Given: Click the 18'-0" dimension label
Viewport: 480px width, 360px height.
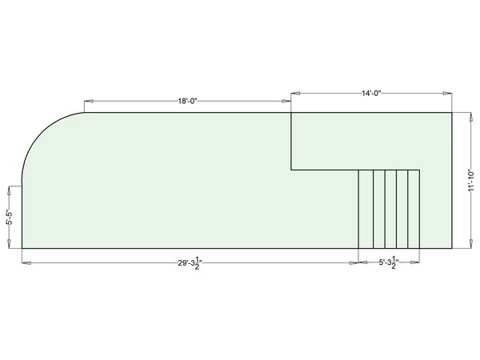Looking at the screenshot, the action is pos(188,101).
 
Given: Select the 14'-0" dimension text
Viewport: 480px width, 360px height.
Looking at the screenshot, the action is pos(371,93).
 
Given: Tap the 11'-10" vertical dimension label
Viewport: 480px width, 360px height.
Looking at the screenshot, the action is pos(471,180).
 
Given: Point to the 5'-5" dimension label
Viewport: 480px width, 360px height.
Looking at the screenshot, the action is pos(10,217).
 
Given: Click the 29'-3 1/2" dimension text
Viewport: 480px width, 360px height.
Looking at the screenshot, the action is pos(190,263).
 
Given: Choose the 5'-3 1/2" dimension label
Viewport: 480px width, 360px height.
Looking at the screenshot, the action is pos(389,262).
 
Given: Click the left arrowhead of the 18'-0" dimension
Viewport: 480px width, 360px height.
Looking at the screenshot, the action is pos(89,101).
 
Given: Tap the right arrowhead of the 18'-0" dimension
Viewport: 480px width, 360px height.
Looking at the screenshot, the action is pos(286,101).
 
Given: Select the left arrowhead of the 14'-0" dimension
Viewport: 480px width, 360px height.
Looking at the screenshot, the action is pos(295,93).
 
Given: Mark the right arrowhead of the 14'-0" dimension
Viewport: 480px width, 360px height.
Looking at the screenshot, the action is pos(447,93).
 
